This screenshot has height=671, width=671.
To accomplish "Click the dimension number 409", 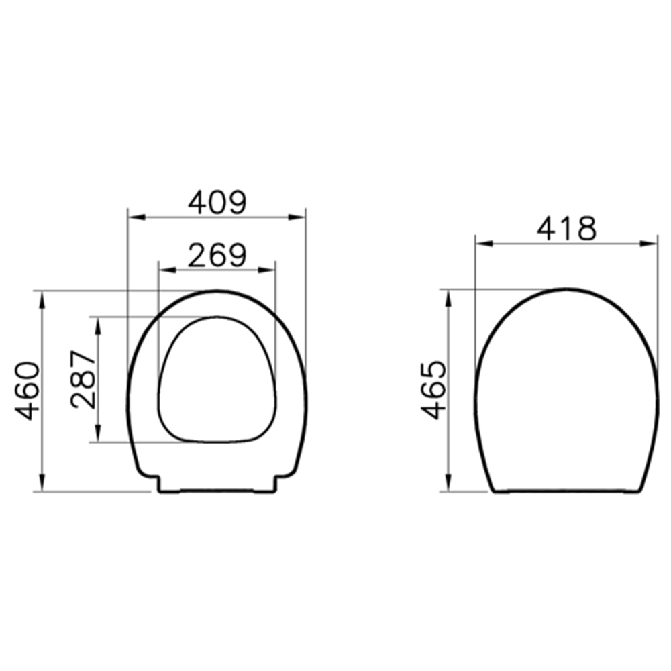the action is (217, 203).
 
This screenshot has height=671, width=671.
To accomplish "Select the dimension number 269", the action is (217, 256).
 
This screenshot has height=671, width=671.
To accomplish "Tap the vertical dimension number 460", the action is (27, 391).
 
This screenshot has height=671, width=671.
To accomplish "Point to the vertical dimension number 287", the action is (84, 379).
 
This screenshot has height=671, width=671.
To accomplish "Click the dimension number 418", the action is (566, 229).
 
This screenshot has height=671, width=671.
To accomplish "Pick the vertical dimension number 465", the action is (433, 391).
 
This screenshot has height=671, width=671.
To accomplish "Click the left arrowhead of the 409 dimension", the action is (137, 217).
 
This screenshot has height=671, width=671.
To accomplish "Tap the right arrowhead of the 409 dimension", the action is (297, 217).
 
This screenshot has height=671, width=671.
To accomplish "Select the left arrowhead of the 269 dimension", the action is (167, 270).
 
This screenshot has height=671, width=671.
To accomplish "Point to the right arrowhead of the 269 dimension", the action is (266, 270).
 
